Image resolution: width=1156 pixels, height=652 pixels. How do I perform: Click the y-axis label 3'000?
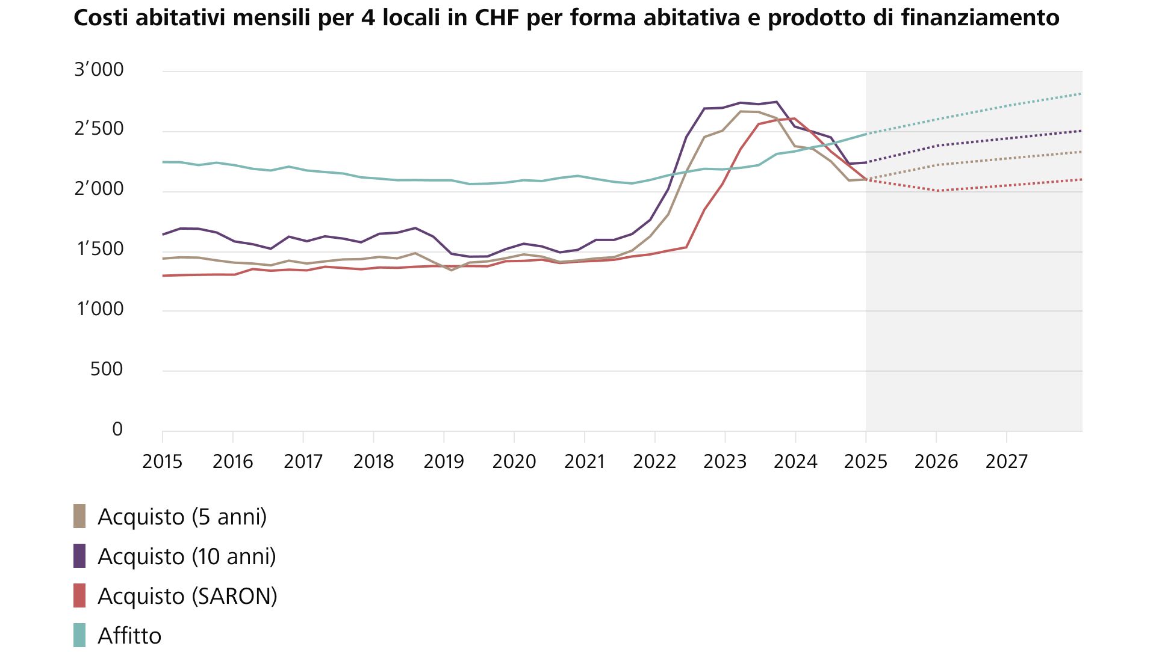point(99,70)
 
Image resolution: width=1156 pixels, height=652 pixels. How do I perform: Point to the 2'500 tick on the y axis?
point(99,129)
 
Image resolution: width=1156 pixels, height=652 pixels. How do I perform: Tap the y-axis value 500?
point(107,369)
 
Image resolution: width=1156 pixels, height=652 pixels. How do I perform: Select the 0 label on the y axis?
point(117,429)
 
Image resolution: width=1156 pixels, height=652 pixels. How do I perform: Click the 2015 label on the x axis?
point(162,462)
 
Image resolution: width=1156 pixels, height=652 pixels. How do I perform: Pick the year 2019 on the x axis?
point(444,462)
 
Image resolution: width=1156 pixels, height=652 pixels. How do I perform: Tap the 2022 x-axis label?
point(654,462)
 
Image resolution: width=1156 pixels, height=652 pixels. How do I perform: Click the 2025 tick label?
point(866,462)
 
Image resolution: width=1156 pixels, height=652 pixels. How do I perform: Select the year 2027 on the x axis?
point(1006,462)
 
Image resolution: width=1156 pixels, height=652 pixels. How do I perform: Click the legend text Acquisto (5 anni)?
point(182,517)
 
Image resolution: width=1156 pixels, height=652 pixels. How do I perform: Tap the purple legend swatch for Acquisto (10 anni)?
point(79,556)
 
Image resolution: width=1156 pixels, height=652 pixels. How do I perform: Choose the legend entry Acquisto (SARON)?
point(187,596)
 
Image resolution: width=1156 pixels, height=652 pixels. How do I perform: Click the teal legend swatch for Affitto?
point(79,635)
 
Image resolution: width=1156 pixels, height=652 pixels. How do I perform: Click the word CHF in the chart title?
point(498,18)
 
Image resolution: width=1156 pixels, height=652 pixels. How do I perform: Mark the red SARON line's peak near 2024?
point(795,118)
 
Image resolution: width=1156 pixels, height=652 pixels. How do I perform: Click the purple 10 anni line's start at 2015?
point(163,235)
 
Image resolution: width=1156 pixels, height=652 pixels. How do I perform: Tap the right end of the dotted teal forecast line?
point(1081,94)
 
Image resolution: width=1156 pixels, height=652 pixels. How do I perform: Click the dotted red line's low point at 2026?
point(937,191)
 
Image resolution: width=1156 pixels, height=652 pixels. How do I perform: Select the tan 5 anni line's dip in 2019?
point(452,270)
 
